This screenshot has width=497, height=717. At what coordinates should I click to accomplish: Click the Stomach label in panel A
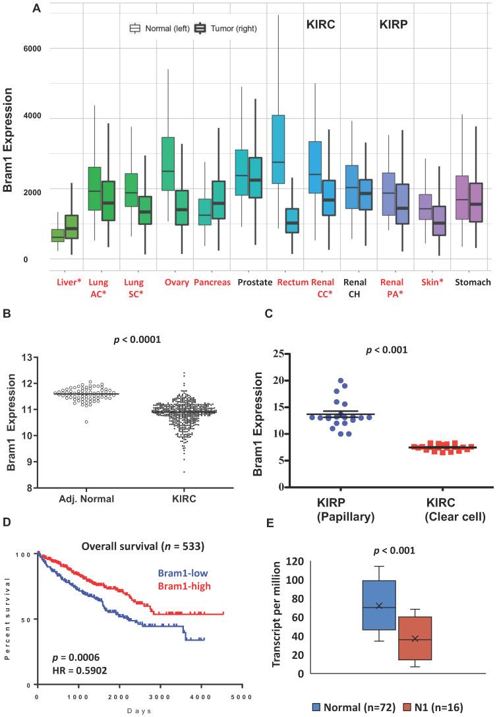[x=473, y=282]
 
